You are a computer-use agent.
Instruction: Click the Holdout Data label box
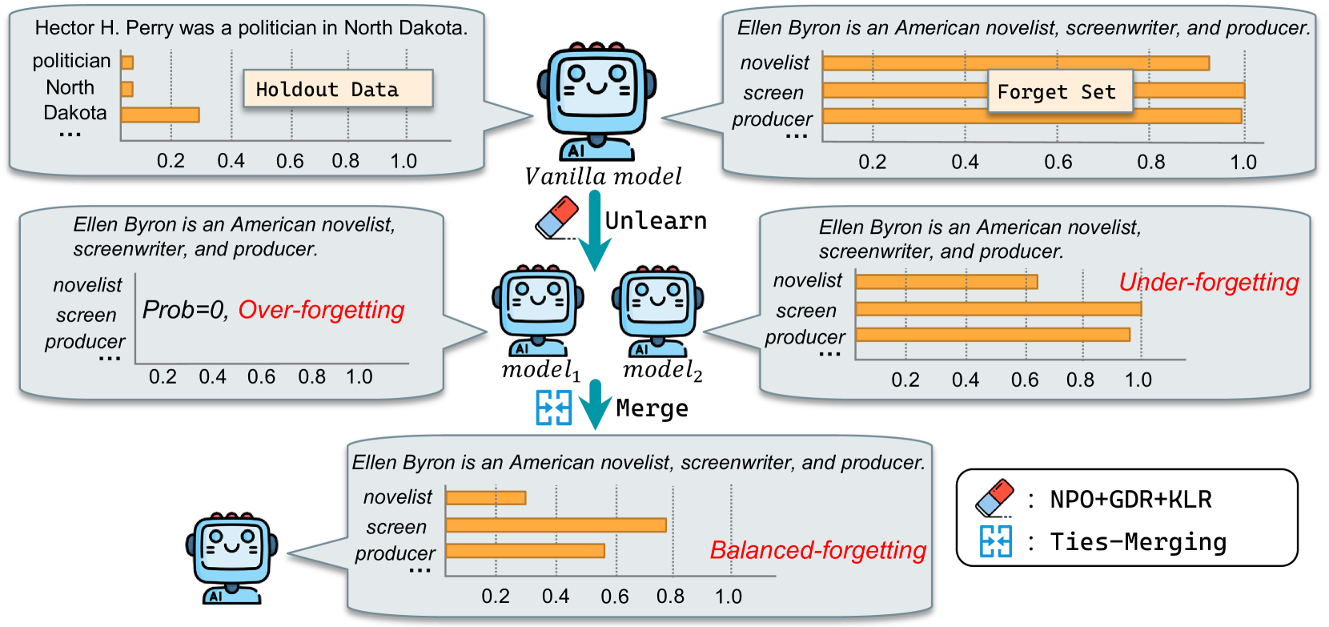click(338, 89)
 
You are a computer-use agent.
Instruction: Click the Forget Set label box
click(1060, 91)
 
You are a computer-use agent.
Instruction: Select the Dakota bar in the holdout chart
click(160, 115)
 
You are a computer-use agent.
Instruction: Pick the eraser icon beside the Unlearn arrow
click(557, 217)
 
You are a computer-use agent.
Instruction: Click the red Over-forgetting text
click(321, 310)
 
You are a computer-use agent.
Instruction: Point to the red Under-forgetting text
click(1208, 282)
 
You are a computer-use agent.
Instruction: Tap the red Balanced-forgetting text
click(817, 550)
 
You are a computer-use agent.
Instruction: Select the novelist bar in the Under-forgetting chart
click(946, 281)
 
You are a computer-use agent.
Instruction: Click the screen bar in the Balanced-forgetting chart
click(556, 525)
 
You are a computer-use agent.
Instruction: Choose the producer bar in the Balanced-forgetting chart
click(525, 551)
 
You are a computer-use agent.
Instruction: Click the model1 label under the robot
click(540, 371)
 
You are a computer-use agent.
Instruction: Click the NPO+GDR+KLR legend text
click(1130, 500)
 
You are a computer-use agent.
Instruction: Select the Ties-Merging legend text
click(1138, 542)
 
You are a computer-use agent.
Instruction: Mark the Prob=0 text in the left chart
click(184, 310)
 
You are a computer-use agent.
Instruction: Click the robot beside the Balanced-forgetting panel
click(231, 558)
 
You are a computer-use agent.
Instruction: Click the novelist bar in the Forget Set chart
click(1015, 63)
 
